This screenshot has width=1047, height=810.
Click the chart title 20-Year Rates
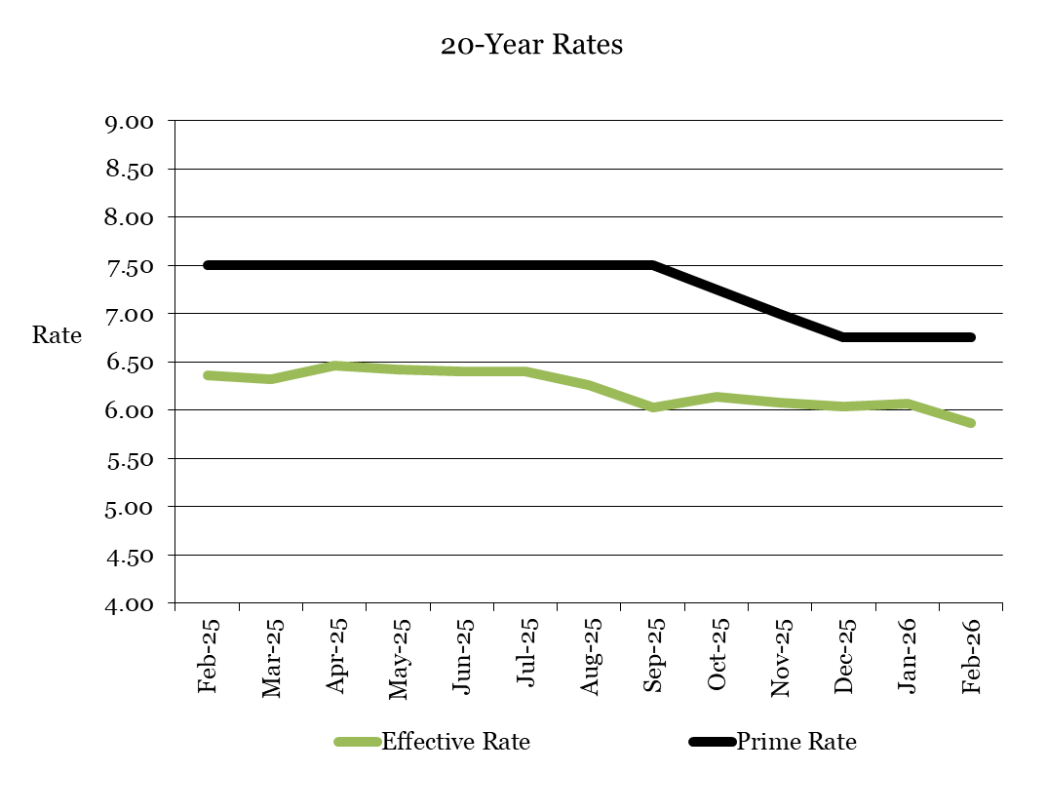point(531,46)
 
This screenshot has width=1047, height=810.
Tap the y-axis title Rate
point(57,335)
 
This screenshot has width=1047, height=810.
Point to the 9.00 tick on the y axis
point(129,122)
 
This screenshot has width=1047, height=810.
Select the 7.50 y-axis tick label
point(129,266)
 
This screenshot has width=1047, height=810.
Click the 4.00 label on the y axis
point(129,604)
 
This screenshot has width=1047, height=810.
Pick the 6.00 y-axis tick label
point(129,410)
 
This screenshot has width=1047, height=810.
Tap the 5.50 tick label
point(129,459)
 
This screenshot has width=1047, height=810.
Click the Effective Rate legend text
point(455,742)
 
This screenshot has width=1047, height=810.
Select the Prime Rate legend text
point(795,742)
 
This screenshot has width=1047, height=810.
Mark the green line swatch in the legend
point(357,743)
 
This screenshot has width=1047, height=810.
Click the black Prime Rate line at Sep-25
point(653,265)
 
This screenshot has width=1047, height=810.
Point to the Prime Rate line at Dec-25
point(844,337)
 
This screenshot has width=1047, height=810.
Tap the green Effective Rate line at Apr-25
point(335,366)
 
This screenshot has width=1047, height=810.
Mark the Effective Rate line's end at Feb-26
point(971,423)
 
